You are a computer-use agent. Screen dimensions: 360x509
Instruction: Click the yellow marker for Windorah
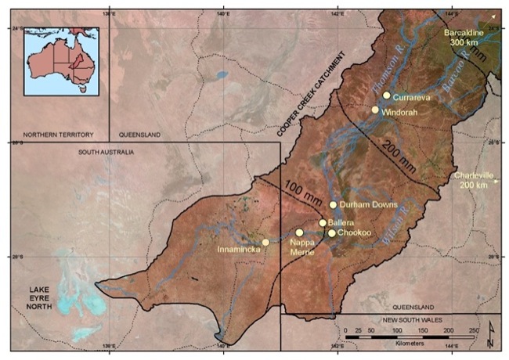(375, 110)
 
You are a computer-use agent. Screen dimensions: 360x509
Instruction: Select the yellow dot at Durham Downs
(333, 205)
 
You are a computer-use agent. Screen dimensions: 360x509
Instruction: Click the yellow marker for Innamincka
(265, 243)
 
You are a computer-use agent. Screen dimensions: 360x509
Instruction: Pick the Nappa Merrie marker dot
(299, 232)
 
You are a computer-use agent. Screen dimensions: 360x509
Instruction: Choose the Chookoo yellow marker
(332, 233)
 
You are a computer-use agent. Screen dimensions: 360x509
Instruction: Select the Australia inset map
(62, 61)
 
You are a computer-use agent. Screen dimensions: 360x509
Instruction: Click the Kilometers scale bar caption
(410, 344)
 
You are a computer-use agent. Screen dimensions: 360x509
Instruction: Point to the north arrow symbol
(490, 335)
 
